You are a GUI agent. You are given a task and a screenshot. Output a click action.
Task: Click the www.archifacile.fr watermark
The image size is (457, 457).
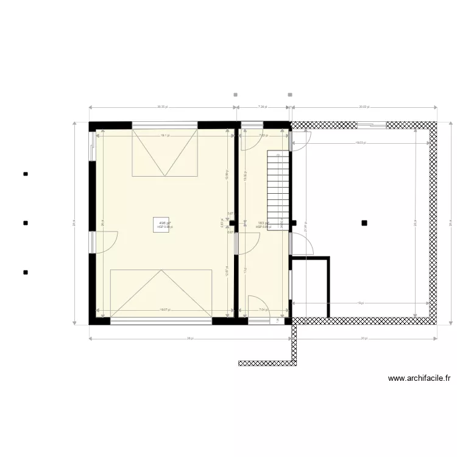coord(419,378)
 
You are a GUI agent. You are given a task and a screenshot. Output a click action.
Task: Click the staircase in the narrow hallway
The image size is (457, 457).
coord(277,189)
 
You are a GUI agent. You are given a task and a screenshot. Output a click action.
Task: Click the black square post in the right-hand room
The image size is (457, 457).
coord(364,223)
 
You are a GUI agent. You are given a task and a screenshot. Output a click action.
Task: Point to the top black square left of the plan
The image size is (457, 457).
coord(26,174)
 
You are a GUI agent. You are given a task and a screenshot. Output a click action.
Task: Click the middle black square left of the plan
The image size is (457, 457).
coord(26,223)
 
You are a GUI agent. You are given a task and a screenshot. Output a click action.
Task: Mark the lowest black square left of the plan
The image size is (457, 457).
coord(26,272)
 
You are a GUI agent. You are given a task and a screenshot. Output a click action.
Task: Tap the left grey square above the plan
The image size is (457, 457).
coord(236,94)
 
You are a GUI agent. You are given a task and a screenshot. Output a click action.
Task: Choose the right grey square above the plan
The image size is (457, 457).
coord(290,94)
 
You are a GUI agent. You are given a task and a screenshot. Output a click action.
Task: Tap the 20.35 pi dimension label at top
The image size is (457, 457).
coord(161,106)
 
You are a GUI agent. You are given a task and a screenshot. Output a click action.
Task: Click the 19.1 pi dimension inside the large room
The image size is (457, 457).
coord(165,135)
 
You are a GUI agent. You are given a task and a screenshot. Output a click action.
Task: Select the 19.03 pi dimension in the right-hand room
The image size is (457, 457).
coord(361,143)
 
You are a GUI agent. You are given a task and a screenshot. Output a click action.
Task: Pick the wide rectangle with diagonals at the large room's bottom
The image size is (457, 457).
coord(161,292)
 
